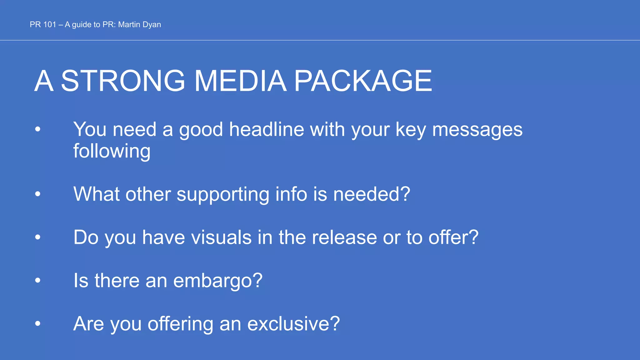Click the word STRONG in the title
point(123,81)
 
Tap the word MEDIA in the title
point(240,81)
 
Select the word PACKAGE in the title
point(363,81)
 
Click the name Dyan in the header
point(152,25)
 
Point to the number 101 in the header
point(49,25)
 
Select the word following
point(112,151)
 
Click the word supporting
point(222,194)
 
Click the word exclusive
point(289,323)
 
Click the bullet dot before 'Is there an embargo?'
point(38,280)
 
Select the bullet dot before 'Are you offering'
point(38,323)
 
